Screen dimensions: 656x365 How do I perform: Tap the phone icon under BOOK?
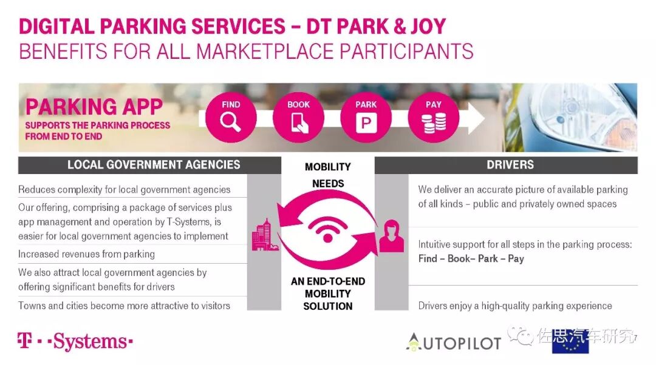[299, 124]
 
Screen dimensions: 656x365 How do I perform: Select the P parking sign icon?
[366, 124]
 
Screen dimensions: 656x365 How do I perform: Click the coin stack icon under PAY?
[434, 124]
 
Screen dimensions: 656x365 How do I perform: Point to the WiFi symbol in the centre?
[328, 229]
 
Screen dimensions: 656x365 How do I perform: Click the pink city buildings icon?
[265, 236]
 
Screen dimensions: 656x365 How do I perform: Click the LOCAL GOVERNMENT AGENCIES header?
[154, 165]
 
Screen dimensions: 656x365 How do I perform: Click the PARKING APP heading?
[94, 107]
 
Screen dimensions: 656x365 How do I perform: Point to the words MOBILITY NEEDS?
[328, 175]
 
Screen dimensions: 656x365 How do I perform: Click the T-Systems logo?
[75, 341]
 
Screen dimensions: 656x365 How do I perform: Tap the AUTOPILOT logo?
[453, 342]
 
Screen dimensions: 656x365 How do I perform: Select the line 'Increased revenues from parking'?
[86, 254]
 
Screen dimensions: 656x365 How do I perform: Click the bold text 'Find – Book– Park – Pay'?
[471, 259]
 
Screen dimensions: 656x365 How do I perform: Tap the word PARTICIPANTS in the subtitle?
[406, 51]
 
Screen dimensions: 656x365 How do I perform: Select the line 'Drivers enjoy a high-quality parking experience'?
[515, 306]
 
